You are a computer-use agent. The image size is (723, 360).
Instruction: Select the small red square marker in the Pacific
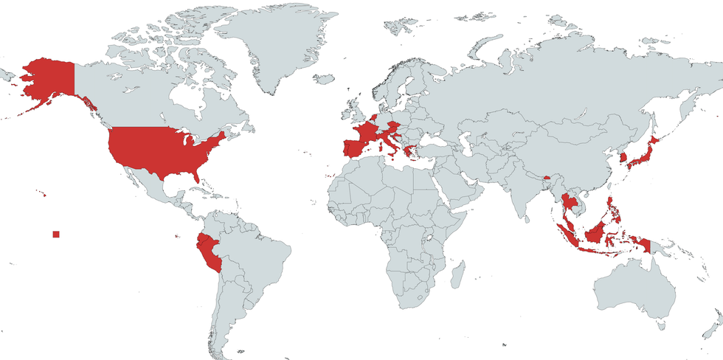tap(56, 235)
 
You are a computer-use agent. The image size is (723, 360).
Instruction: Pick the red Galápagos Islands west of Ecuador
tap(178, 236)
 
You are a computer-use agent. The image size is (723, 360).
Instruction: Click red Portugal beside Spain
tap(342, 147)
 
